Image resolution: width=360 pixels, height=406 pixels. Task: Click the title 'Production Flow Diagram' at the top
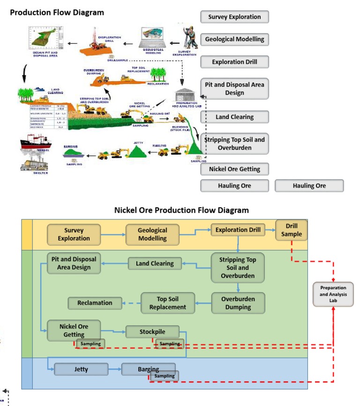tap(57, 12)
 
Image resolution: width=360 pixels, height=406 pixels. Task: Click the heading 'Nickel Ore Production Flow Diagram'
tap(181, 210)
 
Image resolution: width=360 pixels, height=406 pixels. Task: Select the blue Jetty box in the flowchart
tap(81, 369)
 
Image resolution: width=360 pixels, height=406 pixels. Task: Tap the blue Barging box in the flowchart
tap(148, 369)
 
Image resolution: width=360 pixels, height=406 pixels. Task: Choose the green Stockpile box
tap(152, 332)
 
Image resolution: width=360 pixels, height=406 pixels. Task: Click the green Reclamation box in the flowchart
tap(95, 303)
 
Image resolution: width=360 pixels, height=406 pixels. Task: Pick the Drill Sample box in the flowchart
tap(292, 230)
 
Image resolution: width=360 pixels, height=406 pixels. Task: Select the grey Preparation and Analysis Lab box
tap(333, 294)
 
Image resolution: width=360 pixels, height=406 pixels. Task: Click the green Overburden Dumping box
tap(238, 303)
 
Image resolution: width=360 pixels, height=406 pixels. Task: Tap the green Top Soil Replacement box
tap(168, 303)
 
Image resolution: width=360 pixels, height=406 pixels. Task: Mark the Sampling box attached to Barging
tap(164, 376)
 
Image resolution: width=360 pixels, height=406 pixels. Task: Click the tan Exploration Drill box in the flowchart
tap(237, 230)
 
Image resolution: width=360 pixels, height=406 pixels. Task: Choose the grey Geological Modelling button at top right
tap(234, 39)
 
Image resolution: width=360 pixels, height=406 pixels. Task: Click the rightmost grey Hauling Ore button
tap(309, 186)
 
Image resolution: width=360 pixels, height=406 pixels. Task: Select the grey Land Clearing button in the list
tap(234, 117)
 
